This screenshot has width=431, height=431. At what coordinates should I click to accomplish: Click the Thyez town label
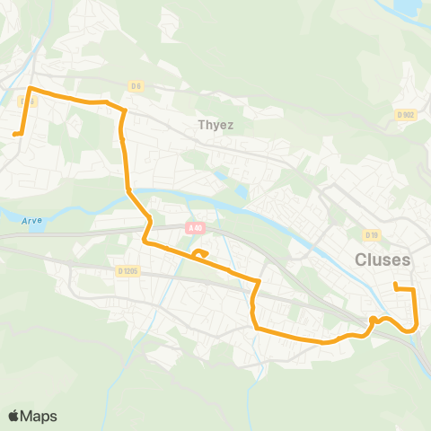215,125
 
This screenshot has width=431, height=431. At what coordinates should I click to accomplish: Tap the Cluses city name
382,259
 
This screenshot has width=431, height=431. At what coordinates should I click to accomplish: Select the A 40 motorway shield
195,229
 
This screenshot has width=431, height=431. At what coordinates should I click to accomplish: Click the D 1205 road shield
128,270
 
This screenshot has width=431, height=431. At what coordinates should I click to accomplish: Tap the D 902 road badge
404,115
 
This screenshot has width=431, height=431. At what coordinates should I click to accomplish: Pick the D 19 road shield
371,234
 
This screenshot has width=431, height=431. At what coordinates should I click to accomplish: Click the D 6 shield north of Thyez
135,86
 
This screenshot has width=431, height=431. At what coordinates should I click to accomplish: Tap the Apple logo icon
14,416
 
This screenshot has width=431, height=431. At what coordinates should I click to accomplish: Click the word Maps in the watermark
40,416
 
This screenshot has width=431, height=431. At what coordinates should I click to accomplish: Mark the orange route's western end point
15,135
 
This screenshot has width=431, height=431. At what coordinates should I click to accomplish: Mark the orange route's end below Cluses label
395,286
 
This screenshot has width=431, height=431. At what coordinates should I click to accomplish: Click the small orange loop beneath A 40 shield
200,254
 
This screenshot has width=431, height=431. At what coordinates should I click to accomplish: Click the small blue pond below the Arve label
35,228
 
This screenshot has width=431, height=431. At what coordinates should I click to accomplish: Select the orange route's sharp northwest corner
31,89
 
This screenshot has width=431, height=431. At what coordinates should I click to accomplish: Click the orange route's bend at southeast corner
412,329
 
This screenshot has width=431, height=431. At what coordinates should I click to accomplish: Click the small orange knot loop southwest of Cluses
374,321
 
